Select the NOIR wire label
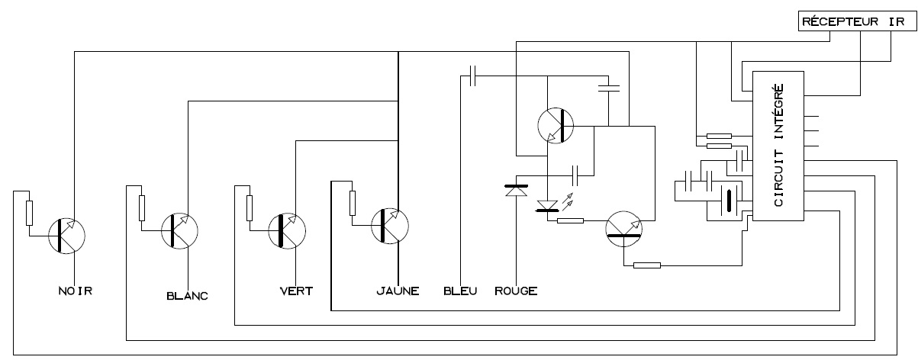point(76,291)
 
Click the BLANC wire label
point(187,296)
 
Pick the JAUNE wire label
point(398,291)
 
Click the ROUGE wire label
point(516,291)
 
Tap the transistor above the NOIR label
point(66,235)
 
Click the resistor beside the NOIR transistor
point(30,212)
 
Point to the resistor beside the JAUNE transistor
point(352,203)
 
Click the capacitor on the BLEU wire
point(473,76)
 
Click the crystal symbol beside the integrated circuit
point(730,201)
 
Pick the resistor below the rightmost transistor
point(647,266)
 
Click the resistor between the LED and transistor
point(570,221)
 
